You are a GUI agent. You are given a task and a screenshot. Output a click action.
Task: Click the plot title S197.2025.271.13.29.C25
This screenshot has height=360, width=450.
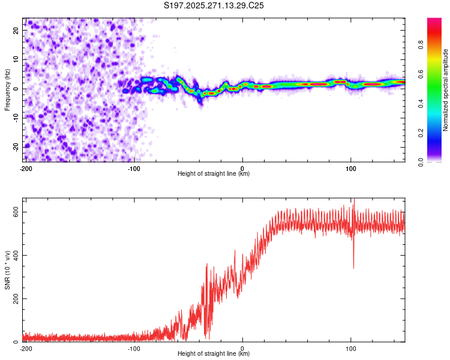[x=214, y=5]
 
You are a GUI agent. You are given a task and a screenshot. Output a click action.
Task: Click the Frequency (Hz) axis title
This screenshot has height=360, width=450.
[x=7, y=89]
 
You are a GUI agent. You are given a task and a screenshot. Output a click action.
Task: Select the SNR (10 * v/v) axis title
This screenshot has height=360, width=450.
[x=7, y=270]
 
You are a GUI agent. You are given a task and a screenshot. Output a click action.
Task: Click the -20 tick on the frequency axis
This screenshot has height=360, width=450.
[x=16, y=147]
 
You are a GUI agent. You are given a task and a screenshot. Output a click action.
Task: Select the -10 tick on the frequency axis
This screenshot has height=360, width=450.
[x=16, y=118]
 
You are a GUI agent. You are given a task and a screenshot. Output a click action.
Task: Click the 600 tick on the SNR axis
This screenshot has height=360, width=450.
[x=13, y=212]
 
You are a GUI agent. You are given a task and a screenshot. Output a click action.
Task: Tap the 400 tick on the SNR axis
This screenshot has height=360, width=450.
[x=13, y=256]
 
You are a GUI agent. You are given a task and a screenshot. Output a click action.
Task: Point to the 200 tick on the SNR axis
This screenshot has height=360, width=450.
[x=13, y=299]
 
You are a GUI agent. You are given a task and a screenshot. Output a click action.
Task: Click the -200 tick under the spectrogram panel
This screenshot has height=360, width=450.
[x=25, y=168]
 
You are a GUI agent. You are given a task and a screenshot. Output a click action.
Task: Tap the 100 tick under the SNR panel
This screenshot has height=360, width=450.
[x=351, y=348]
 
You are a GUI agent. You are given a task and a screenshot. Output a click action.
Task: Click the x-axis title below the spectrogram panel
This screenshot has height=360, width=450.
[x=214, y=174]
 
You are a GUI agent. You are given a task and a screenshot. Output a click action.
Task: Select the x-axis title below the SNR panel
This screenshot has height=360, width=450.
[x=214, y=354]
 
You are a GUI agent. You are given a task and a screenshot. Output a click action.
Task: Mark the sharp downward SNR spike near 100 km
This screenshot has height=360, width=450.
[x=353, y=267]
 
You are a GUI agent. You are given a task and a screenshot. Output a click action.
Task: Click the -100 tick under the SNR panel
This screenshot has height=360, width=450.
[x=134, y=348]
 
